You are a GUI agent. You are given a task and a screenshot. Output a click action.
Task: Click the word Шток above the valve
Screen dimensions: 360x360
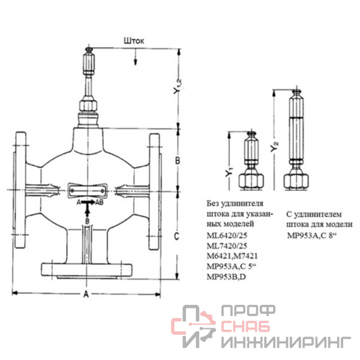(134, 41)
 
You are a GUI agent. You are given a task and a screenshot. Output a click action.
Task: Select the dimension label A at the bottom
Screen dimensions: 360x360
(86, 294)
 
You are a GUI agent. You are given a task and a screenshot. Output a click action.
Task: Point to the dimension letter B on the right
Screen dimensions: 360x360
(178, 160)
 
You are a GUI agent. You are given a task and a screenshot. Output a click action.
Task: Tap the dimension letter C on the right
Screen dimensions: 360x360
(176, 236)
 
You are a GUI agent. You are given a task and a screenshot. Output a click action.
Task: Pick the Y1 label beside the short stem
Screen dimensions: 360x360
(229, 172)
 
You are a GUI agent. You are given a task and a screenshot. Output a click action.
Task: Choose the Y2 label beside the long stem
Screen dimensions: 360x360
(274, 146)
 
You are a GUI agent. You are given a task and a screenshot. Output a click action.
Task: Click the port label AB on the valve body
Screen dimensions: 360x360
(99, 202)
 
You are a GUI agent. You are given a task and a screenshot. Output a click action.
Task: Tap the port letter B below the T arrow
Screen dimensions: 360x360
(87, 221)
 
